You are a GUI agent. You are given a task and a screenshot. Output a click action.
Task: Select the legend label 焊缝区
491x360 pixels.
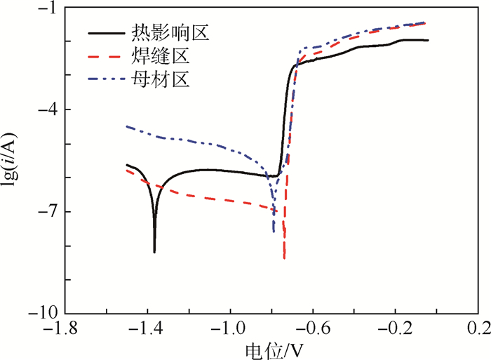161,54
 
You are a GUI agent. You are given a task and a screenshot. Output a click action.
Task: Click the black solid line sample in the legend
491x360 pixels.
106,32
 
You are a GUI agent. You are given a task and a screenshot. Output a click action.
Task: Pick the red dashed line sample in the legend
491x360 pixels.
106,54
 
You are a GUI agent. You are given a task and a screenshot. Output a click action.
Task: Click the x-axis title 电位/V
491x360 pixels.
274,349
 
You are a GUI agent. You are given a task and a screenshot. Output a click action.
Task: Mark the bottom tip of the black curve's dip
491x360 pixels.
154,252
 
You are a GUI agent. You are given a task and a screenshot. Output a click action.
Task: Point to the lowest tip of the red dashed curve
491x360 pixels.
284,259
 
